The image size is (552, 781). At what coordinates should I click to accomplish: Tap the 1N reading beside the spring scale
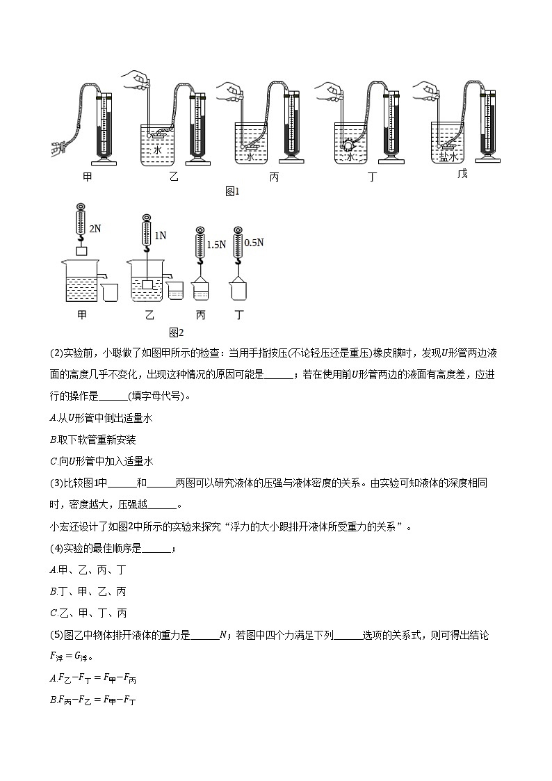coord(160,236)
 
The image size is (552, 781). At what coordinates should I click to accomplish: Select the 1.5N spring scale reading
coord(217,245)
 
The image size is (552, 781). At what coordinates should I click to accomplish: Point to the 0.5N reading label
coord(255,243)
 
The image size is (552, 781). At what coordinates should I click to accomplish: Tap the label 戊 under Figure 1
coord(462,173)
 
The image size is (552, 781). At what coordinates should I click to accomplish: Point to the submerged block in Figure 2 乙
coord(147,284)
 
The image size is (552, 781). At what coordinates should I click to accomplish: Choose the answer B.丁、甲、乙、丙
coord(88,592)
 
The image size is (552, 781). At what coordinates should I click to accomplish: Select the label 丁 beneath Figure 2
coord(240,315)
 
